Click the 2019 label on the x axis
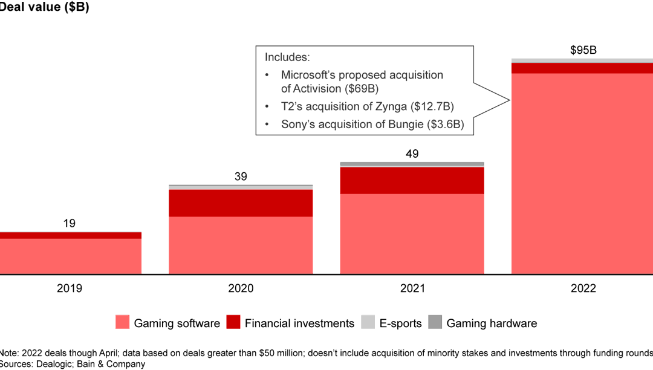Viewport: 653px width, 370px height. click(69, 288)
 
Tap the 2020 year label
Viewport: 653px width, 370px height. click(241, 288)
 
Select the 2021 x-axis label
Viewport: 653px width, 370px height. click(412, 288)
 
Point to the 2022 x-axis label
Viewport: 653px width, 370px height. click(583, 288)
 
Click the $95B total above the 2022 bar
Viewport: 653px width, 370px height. click(583, 50)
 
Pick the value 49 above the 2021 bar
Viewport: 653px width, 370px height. click(412, 154)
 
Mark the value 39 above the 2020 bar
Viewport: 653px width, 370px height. click(241, 177)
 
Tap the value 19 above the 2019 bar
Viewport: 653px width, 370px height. click(69, 223)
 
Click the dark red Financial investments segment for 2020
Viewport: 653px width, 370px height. click(241, 203)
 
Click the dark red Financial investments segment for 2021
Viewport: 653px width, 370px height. click(412, 180)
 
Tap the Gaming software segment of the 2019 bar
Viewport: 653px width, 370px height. click(70, 256)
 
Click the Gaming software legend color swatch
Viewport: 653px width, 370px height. click(122, 323)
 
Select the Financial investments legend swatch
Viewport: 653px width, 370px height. click(233, 323)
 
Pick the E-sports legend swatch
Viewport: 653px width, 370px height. click(368, 323)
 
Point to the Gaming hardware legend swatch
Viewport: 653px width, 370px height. click(435, 323)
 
